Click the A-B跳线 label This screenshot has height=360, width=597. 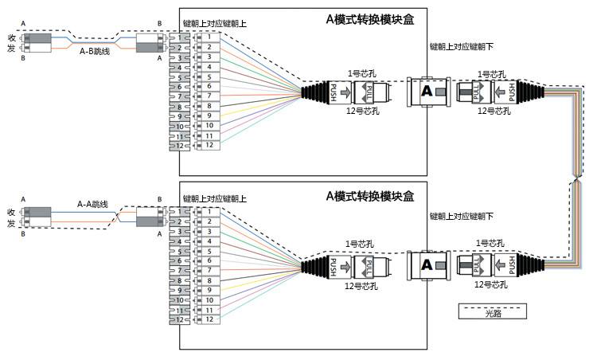(x=95, y=52)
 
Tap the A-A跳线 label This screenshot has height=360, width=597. (x=92, y=204)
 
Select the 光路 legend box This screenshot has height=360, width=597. (x=493, y=311)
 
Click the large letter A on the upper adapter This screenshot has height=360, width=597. (x=427, y=92)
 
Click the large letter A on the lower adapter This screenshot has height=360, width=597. (x=427, y=264)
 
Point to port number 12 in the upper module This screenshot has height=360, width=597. (x=209, y=145)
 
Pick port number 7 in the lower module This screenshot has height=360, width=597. (x=209, y=271)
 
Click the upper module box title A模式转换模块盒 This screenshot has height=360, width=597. (x=370, y=19)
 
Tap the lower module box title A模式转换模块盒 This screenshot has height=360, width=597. (x=370, y=196)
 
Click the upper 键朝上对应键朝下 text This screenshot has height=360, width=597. (x=462, y=47)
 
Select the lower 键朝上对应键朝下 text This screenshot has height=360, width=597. (x=462, y=217)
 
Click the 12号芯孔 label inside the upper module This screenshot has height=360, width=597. (x=362, y=112)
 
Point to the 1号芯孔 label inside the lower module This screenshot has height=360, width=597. (x=360, y=244)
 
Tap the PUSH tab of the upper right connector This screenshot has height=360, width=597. (x=512, y=92)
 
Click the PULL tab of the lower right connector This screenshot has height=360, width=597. (x=476, y=265)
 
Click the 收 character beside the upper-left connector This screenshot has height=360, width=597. (x=11, y=38)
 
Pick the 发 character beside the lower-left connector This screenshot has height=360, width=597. (x=11, y=223)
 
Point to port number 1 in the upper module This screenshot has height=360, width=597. (x=209, y=37)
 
